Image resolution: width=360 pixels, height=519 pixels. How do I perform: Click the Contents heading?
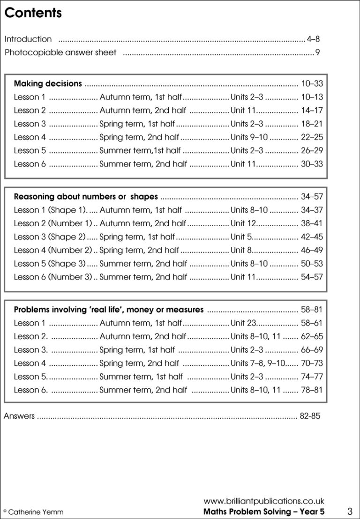tap(33, 13)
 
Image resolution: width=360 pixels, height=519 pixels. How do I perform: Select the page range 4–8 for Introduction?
tap(314, 39)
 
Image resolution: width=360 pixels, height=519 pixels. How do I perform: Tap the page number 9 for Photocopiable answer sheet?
tap(318, 52)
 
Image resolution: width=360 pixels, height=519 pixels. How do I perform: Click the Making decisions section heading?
tap(48, 84)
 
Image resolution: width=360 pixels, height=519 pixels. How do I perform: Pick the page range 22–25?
tap(312, 137)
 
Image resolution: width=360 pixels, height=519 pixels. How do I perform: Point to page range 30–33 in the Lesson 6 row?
tap(312, 164)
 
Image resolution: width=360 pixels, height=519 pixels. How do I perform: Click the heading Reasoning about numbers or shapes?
tap(86, 197)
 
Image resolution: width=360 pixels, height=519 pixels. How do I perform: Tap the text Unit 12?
tap(243, 223)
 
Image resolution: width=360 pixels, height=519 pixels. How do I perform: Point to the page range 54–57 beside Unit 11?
tap(312, 277)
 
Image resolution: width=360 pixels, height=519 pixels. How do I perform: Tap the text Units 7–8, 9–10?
tap(258, 363)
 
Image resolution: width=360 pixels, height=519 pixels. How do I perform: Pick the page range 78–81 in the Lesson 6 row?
tap(312, 390)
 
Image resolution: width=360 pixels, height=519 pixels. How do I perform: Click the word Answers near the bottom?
tap(19, 416)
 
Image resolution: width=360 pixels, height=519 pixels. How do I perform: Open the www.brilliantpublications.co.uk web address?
tap(264, 501)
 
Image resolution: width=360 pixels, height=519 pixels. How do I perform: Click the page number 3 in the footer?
tap(350, 511)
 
